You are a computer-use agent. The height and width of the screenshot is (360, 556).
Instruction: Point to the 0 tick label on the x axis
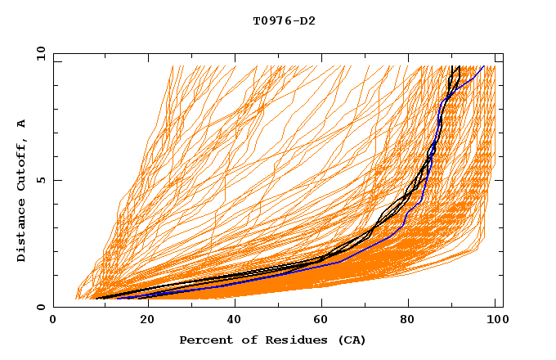[54, 321]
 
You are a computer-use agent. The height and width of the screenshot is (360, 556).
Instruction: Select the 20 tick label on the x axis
[142, 321]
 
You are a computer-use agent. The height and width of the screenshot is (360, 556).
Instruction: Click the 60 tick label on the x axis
[321, 321]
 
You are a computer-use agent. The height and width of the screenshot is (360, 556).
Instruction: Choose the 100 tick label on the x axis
[497, 321]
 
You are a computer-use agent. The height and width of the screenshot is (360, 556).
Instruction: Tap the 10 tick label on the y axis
[38, 53]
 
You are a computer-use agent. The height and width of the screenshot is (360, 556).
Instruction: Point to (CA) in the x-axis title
[350, 340]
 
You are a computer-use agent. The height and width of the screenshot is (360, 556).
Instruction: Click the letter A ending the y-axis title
[22, 124]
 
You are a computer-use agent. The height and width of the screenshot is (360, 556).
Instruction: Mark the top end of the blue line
[484, 66]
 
